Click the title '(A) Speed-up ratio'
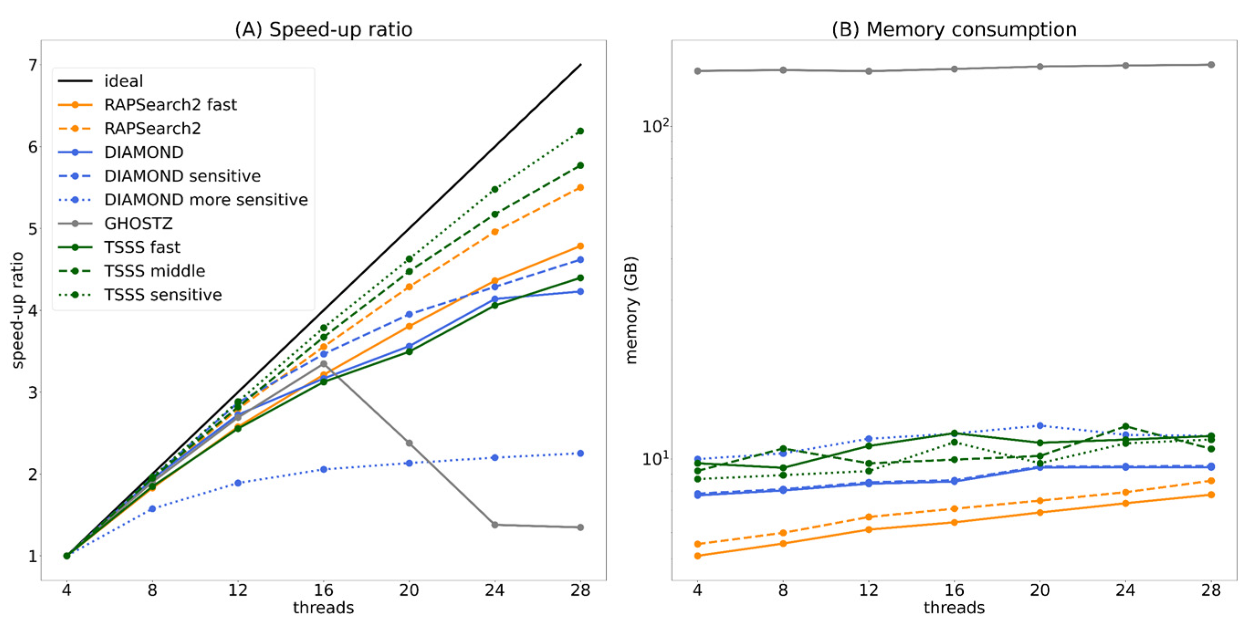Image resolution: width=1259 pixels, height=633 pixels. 324,29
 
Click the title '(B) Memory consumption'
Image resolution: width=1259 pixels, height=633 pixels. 954,29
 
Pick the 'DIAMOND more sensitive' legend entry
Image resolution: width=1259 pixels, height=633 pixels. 206,200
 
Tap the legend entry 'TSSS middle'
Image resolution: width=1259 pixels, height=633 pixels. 154,270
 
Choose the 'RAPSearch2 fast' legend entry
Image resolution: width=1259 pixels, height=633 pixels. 170,104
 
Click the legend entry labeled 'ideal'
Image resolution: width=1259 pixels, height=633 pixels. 123,81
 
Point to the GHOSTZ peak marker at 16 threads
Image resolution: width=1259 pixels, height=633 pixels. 324,364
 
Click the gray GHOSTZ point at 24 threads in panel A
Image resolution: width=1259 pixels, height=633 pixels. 495,524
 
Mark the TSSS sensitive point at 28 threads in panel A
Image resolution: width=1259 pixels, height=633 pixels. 580,131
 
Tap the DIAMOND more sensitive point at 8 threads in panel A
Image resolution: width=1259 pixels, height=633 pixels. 152,508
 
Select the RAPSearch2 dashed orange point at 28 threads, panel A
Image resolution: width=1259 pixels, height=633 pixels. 580,187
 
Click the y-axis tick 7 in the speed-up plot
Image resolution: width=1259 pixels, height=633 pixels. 33,65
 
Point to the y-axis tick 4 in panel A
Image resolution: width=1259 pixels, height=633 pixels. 33,311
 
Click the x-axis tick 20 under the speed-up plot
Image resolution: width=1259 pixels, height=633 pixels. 409,591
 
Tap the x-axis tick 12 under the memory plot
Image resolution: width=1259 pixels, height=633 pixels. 868,591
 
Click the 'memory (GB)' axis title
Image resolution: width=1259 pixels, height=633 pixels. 632,310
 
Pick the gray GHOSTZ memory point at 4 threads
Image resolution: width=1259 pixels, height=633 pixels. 697,71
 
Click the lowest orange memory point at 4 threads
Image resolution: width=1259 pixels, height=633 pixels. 697,556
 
